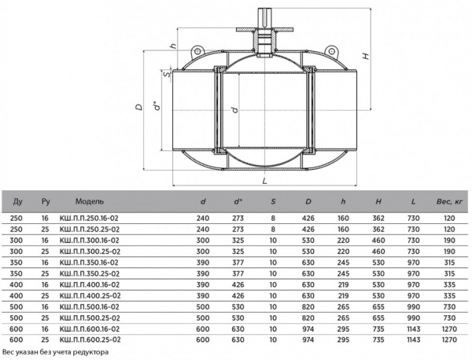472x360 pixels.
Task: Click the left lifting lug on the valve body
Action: [x=197, y=52]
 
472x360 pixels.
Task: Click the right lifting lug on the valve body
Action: [x=331, y=52]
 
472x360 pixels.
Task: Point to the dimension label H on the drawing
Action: [x=366, y=56]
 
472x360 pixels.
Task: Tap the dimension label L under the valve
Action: [x=264, y=181]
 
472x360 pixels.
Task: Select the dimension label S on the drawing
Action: [x=167, y=75]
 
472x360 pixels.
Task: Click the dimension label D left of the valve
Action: [x=138, y=107]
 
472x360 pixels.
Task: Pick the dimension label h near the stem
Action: [x=173, y=46]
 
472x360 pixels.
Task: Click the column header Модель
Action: [x=90, y=201]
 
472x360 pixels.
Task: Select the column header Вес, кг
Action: [x=449, y=201]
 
